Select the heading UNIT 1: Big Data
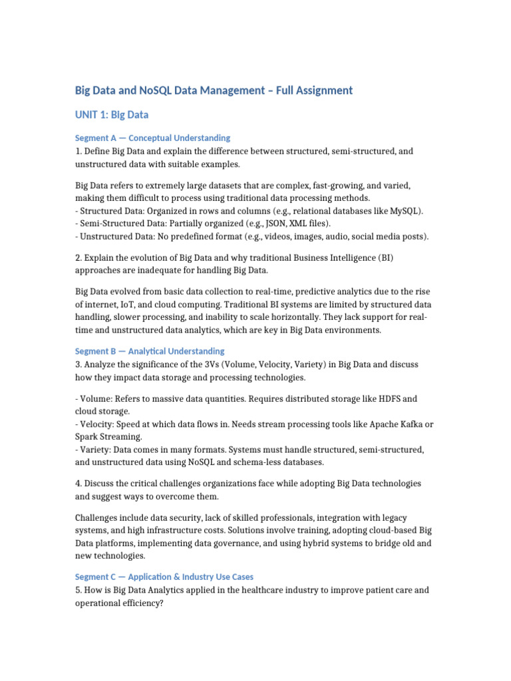[x=111, y=115]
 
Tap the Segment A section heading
[x=152, y=138]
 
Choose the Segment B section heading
[x=150, y=350]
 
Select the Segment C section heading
[x=164, y=577]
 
